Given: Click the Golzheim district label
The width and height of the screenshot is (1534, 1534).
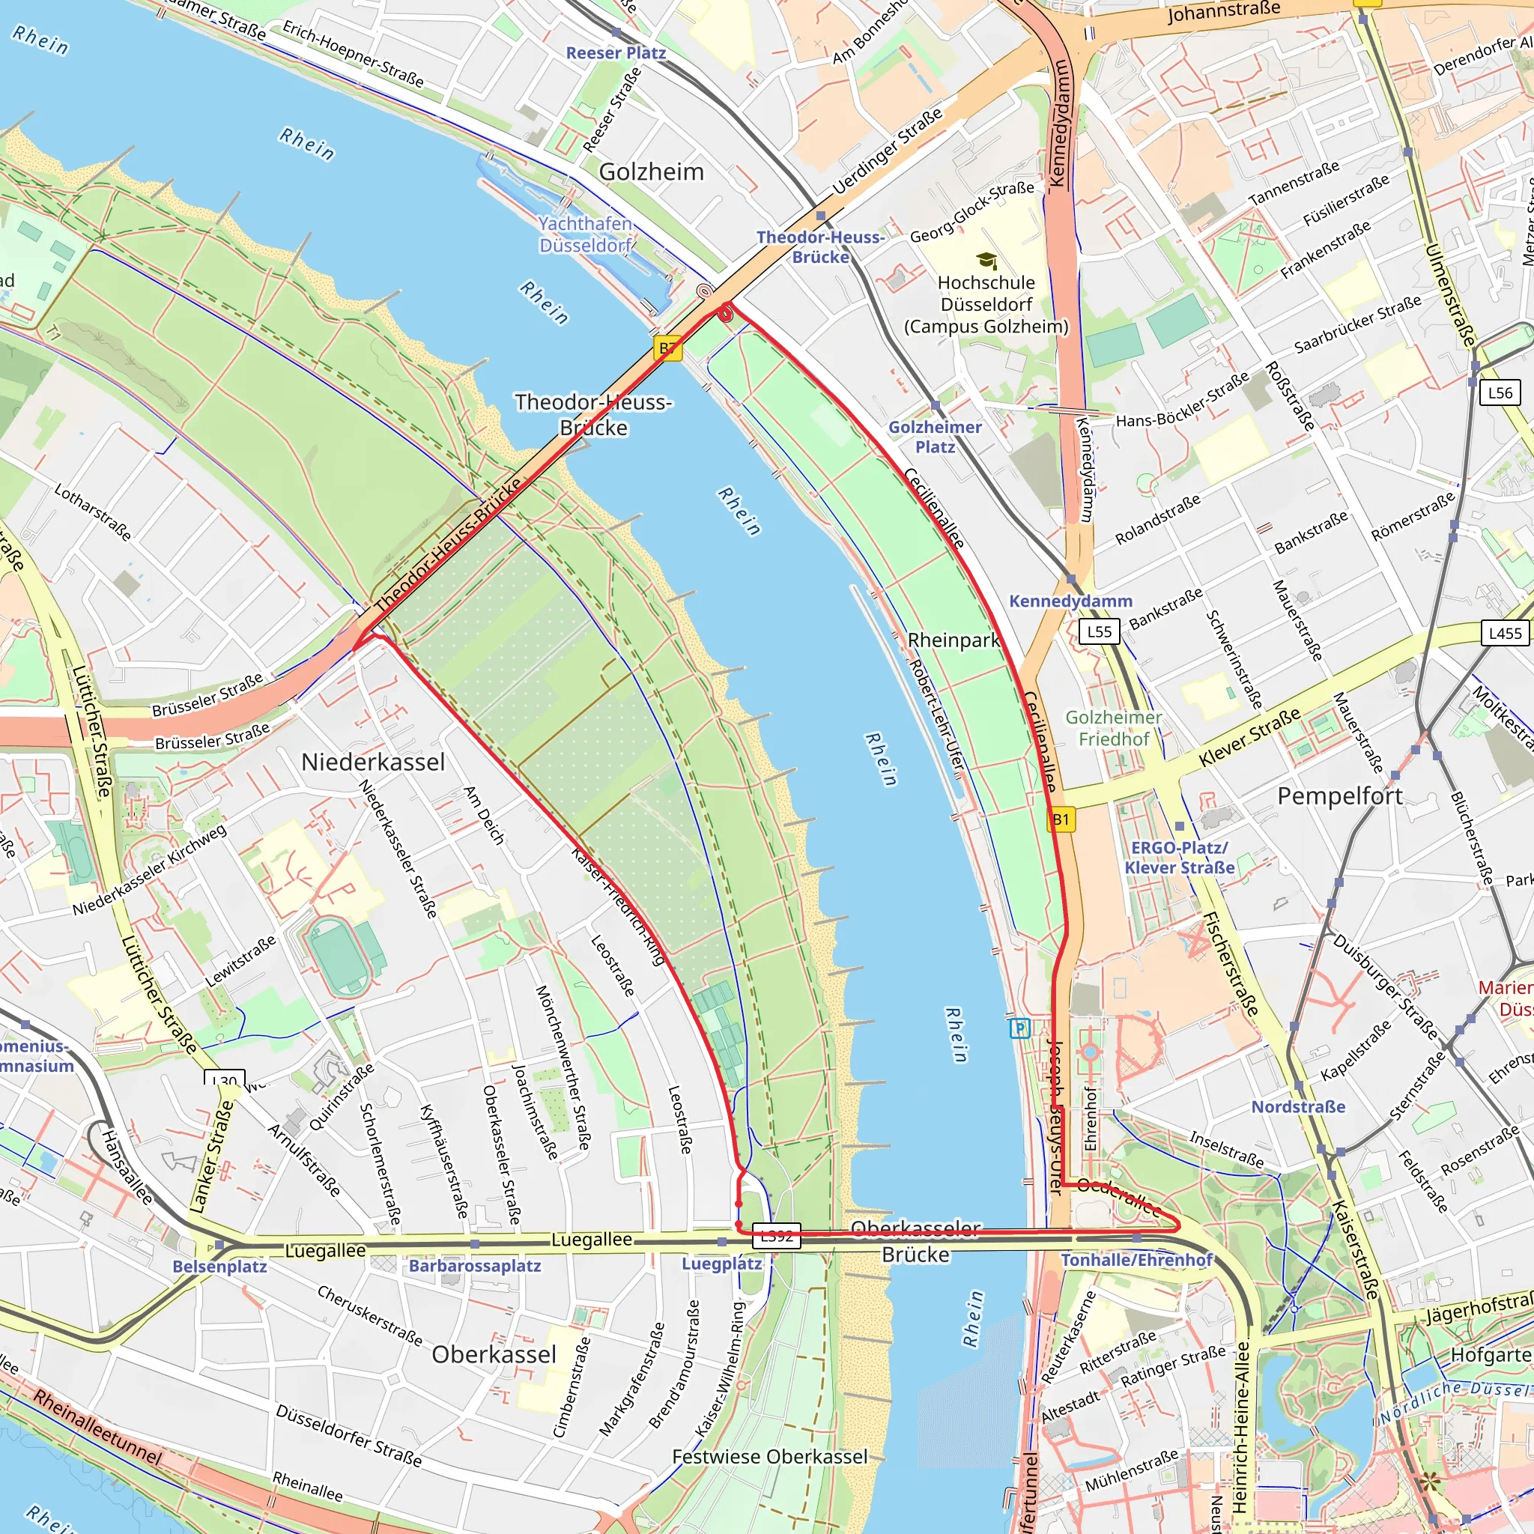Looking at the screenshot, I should pos(651,172).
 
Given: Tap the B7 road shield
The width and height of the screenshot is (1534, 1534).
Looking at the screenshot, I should pos(669,348).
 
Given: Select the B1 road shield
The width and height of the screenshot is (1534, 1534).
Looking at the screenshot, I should pos(1061,819).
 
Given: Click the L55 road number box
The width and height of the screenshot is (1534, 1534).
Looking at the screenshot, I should pos(1099,631).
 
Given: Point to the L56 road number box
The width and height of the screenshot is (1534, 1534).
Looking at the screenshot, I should pos(1499,392).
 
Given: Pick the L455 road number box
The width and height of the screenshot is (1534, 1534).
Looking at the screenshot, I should pos(1506,633).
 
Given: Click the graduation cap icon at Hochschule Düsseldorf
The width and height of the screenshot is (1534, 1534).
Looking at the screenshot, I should pos(986,261).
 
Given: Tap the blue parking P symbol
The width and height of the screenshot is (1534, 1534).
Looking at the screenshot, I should pos(1019,1029).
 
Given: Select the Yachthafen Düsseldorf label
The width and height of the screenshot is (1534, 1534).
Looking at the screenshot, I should pos(585,234).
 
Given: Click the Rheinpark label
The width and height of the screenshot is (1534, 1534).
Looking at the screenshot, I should pos(954,640).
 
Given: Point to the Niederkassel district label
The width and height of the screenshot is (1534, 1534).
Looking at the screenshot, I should pos(373,763).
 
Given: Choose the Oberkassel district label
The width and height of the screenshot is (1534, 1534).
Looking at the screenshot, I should pos(494,1354).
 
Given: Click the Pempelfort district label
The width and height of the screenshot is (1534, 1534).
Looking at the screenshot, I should pos(1339,795).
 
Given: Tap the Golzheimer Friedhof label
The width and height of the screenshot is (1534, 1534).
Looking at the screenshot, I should pos(1113,728).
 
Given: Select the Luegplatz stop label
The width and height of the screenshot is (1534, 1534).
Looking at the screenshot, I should pos(722,1264).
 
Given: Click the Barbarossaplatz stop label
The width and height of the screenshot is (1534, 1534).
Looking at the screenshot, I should pos(475,1266).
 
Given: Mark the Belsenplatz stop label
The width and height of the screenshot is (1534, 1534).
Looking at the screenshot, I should pos(220,1267).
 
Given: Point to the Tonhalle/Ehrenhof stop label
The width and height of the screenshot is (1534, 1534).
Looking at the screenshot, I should pos(1137,1260).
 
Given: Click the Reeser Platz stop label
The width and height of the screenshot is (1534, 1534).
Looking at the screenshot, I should pos(616,52).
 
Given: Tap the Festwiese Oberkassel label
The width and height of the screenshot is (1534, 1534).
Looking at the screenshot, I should pos(769,1457).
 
